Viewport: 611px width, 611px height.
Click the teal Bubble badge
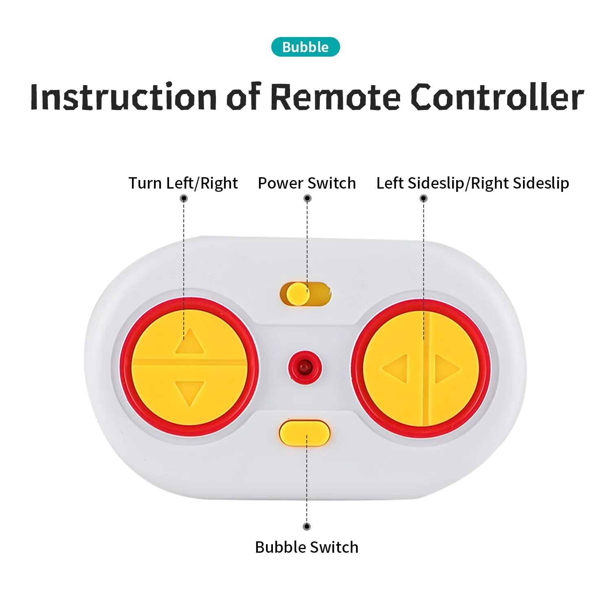tap(305, 47)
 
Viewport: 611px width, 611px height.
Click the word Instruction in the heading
tap(123, 97)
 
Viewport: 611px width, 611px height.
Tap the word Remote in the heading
tap(335, 97)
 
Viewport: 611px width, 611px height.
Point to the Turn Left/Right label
tap(183, 183)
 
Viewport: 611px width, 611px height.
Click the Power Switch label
tap(307, 183)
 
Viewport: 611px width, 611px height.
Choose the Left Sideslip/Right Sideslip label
tap(473, 183)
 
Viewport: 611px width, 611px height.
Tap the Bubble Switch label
tap(307, 547)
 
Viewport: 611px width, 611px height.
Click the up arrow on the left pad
tap(189, 342)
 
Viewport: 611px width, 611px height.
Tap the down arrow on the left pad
tap(189, 392)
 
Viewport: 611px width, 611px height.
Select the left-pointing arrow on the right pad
tap(396, 368)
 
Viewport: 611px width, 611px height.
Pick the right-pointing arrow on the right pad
tap(446, 369)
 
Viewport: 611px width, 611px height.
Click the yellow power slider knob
tap(297, 294)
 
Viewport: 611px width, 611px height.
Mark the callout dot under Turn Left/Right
tap(184, 198)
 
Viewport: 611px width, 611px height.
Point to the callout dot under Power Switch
tap(308, 198)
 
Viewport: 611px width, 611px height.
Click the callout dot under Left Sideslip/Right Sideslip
tap(424, 198)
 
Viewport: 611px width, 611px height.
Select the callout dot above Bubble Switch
tap(307, 526)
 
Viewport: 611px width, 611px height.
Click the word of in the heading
tap(243, 97)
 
